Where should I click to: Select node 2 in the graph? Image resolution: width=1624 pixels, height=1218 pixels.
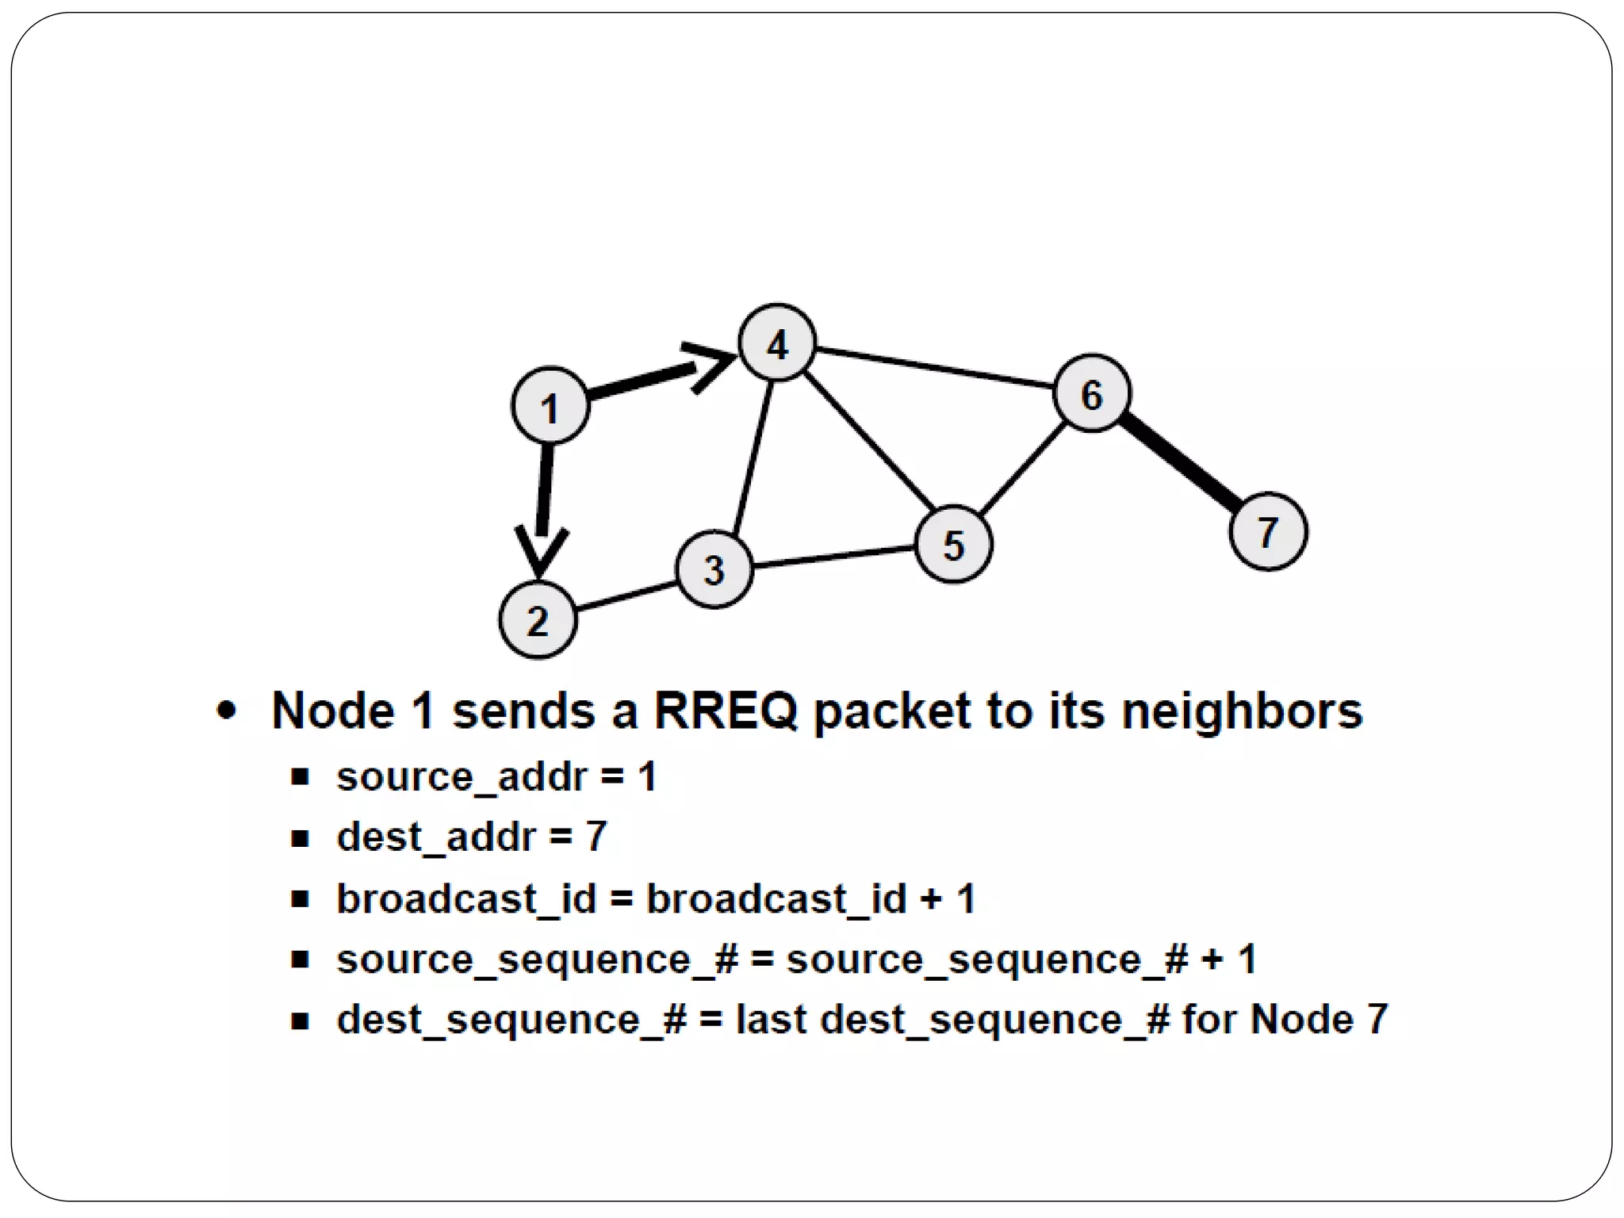point(538,619)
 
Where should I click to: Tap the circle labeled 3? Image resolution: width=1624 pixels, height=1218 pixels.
point(714,569)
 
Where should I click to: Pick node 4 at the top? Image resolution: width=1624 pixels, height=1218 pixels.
point(777,343)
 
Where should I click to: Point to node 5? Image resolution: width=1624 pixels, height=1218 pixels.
point(953,545)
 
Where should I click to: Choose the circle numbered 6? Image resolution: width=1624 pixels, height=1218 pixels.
point(1092,393)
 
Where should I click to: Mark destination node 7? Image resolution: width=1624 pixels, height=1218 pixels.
point(1268,531)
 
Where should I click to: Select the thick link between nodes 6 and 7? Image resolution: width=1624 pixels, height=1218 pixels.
point(1182,462)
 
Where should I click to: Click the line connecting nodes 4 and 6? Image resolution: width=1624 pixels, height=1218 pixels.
point(936,368)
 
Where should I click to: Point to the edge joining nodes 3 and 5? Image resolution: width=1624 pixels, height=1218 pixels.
point(833,556)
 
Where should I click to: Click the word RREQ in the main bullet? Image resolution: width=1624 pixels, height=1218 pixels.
point(725,710)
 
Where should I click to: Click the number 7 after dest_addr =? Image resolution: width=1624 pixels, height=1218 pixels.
point(596,837)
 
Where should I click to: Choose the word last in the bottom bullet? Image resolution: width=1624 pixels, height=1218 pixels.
point(771,1019)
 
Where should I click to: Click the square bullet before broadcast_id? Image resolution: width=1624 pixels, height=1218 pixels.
point(300,899)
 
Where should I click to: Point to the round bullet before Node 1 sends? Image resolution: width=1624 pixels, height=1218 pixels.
point(227,710)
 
